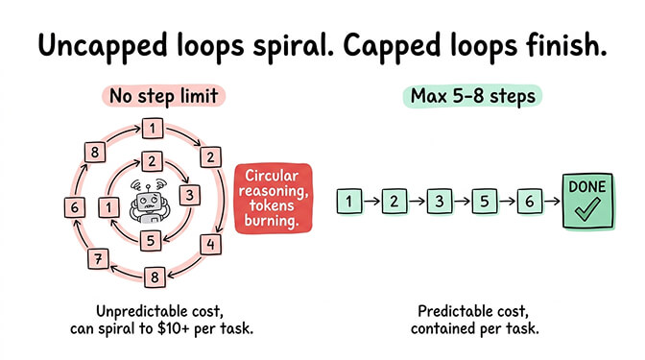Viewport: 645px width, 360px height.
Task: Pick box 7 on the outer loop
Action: (96, 257)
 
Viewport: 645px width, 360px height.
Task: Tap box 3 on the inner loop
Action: (191, 195)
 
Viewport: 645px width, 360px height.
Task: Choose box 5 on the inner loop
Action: (149, 239)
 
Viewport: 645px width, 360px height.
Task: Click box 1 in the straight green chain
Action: (349, 202)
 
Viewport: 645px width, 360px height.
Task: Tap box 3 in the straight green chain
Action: (439, 202)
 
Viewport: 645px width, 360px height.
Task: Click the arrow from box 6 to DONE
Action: (551, 202)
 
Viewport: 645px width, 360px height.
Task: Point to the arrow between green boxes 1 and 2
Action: (371, 202)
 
